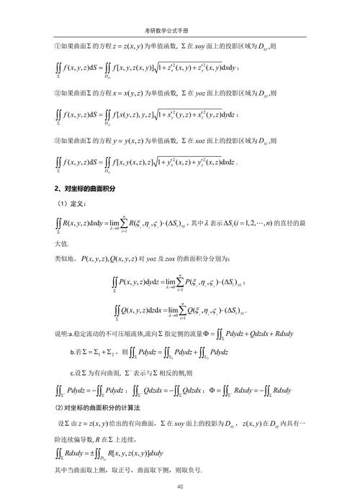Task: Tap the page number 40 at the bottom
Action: point(179,487)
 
